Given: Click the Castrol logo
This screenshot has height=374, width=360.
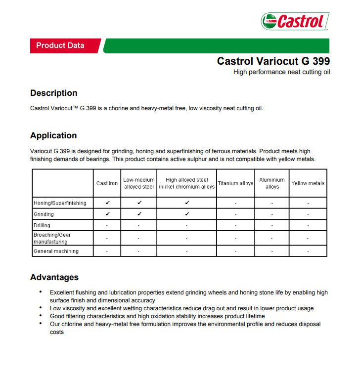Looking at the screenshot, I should pyautogui.click(x=295, y=21).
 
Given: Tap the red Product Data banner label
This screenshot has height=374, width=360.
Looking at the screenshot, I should pyautogui.click(x=60, y=45).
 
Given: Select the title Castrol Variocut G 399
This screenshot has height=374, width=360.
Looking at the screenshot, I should pyautogui.click(x=273, y=61).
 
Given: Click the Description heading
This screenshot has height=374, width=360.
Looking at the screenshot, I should pyautogui.click(x=54, y=93).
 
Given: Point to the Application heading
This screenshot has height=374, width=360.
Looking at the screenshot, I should pyautogui.click(x=53, y=135).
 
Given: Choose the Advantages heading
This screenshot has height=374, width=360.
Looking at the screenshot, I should pyautogui.click(x=54, y=277).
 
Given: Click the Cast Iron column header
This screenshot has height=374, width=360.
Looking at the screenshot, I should pyautogui.click(x=107, y=183).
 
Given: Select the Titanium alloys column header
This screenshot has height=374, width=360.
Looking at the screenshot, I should pyautogui.click(x=235, y=183).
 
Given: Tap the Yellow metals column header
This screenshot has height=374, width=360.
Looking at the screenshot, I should pyautogui.click(x=308, y=183).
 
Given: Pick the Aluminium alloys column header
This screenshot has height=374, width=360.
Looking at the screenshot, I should pyautogui.click(x=272, y=183).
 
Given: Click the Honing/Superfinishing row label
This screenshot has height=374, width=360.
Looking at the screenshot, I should pyautogui.click(x=60, y=203).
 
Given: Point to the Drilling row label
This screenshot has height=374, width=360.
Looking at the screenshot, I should pyautogui.click(x=42, y=225).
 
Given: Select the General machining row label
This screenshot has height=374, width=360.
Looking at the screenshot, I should pyautogui.click(x=56, y=251).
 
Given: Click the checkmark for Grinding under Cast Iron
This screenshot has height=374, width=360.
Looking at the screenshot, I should pyautogui.click(x=107, y=214).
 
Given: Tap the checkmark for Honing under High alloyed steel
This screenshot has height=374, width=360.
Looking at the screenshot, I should pyautogui.click(x=187, y=203).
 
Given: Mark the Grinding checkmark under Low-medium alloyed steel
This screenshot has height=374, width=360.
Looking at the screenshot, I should pyautogui.click(x=139, y=214).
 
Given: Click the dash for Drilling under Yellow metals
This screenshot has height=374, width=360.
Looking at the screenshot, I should pyautogui.click(x=308, y=226).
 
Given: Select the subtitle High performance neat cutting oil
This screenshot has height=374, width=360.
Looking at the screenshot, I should pyautogui.click(x=281, y=72).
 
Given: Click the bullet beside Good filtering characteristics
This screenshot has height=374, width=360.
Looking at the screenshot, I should pyautogui.click(x=41, y=316).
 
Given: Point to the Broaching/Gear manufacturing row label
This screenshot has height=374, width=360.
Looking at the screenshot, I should pyautogui.click(x=52, y=238).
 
